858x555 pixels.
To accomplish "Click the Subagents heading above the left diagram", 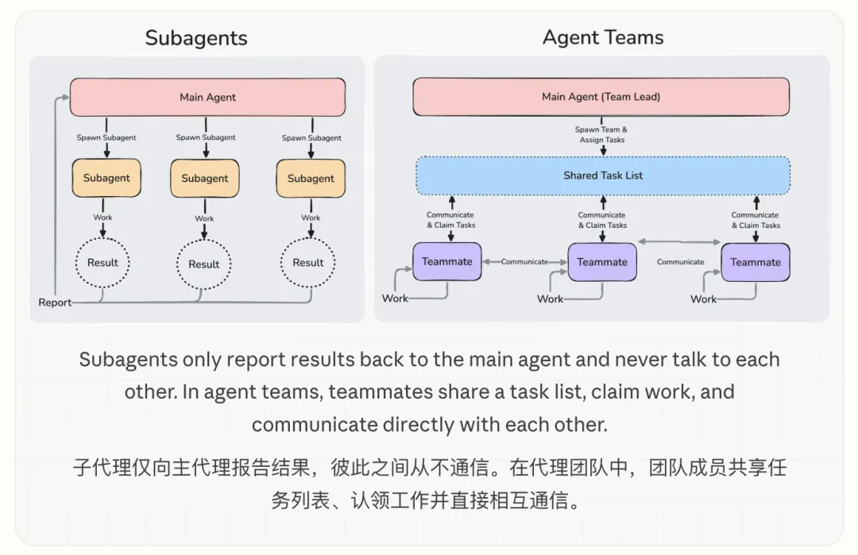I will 196,38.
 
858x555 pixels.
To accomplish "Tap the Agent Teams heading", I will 603,37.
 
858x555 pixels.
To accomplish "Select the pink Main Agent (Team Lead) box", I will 601,97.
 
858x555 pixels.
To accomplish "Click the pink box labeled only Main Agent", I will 207,98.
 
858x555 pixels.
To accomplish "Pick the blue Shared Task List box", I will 603,175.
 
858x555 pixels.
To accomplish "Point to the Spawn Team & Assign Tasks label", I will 601,134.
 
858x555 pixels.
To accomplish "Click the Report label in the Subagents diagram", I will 54,303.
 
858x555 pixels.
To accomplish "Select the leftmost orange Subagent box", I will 106,179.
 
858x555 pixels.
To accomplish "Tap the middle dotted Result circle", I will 204,264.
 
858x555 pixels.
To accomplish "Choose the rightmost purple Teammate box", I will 756,262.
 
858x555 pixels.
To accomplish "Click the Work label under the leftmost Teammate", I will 395,299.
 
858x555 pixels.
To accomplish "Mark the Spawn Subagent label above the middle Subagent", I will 206,137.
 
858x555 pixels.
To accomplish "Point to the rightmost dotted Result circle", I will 308,263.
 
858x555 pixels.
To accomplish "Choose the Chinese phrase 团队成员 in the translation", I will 689,468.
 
